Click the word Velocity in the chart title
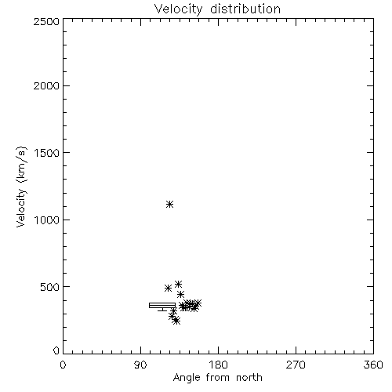[178, 9]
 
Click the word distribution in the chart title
[245, 9]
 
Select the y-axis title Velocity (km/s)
[21, 187]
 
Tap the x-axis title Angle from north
[217, 378]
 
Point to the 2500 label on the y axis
[47, 21]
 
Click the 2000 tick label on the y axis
[47, 85]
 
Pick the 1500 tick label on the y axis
[47, 153]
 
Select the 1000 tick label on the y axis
[47, 220]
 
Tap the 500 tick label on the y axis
[50, 287]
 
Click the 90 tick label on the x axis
[140, 365]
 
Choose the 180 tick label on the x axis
[218, 365]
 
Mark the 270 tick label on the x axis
[296, 365]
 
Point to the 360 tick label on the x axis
[373, 365]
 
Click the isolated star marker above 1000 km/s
[170, 205]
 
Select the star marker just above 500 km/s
[178, 285]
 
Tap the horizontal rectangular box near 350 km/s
[162, 306]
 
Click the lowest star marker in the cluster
[176, 321]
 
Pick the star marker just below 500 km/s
[168, 289]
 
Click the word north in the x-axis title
[249, 378]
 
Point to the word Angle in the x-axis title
[187, 378]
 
